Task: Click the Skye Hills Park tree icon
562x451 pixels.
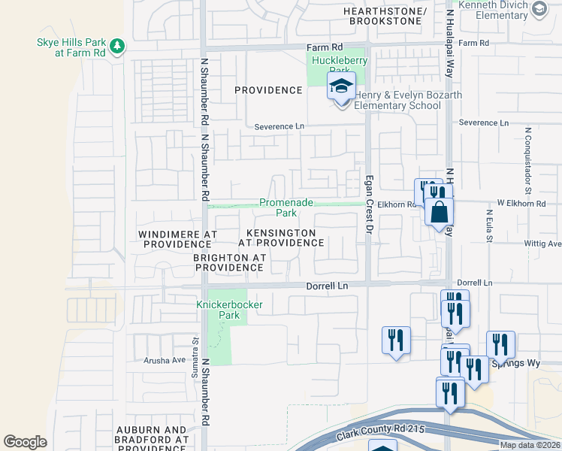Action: [117, 47]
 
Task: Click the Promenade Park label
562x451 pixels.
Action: [277, 207]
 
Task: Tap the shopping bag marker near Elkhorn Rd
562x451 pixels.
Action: [439, 210]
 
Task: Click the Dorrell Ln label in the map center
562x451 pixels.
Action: [328, 286]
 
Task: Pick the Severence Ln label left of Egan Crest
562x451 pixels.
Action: [278, 126]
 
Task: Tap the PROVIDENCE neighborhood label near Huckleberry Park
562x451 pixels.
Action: [268, 90]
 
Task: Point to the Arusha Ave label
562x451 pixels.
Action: [164, 360]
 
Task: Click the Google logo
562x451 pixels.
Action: [26, 442]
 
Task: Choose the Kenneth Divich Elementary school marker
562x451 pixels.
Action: [538, 9]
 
